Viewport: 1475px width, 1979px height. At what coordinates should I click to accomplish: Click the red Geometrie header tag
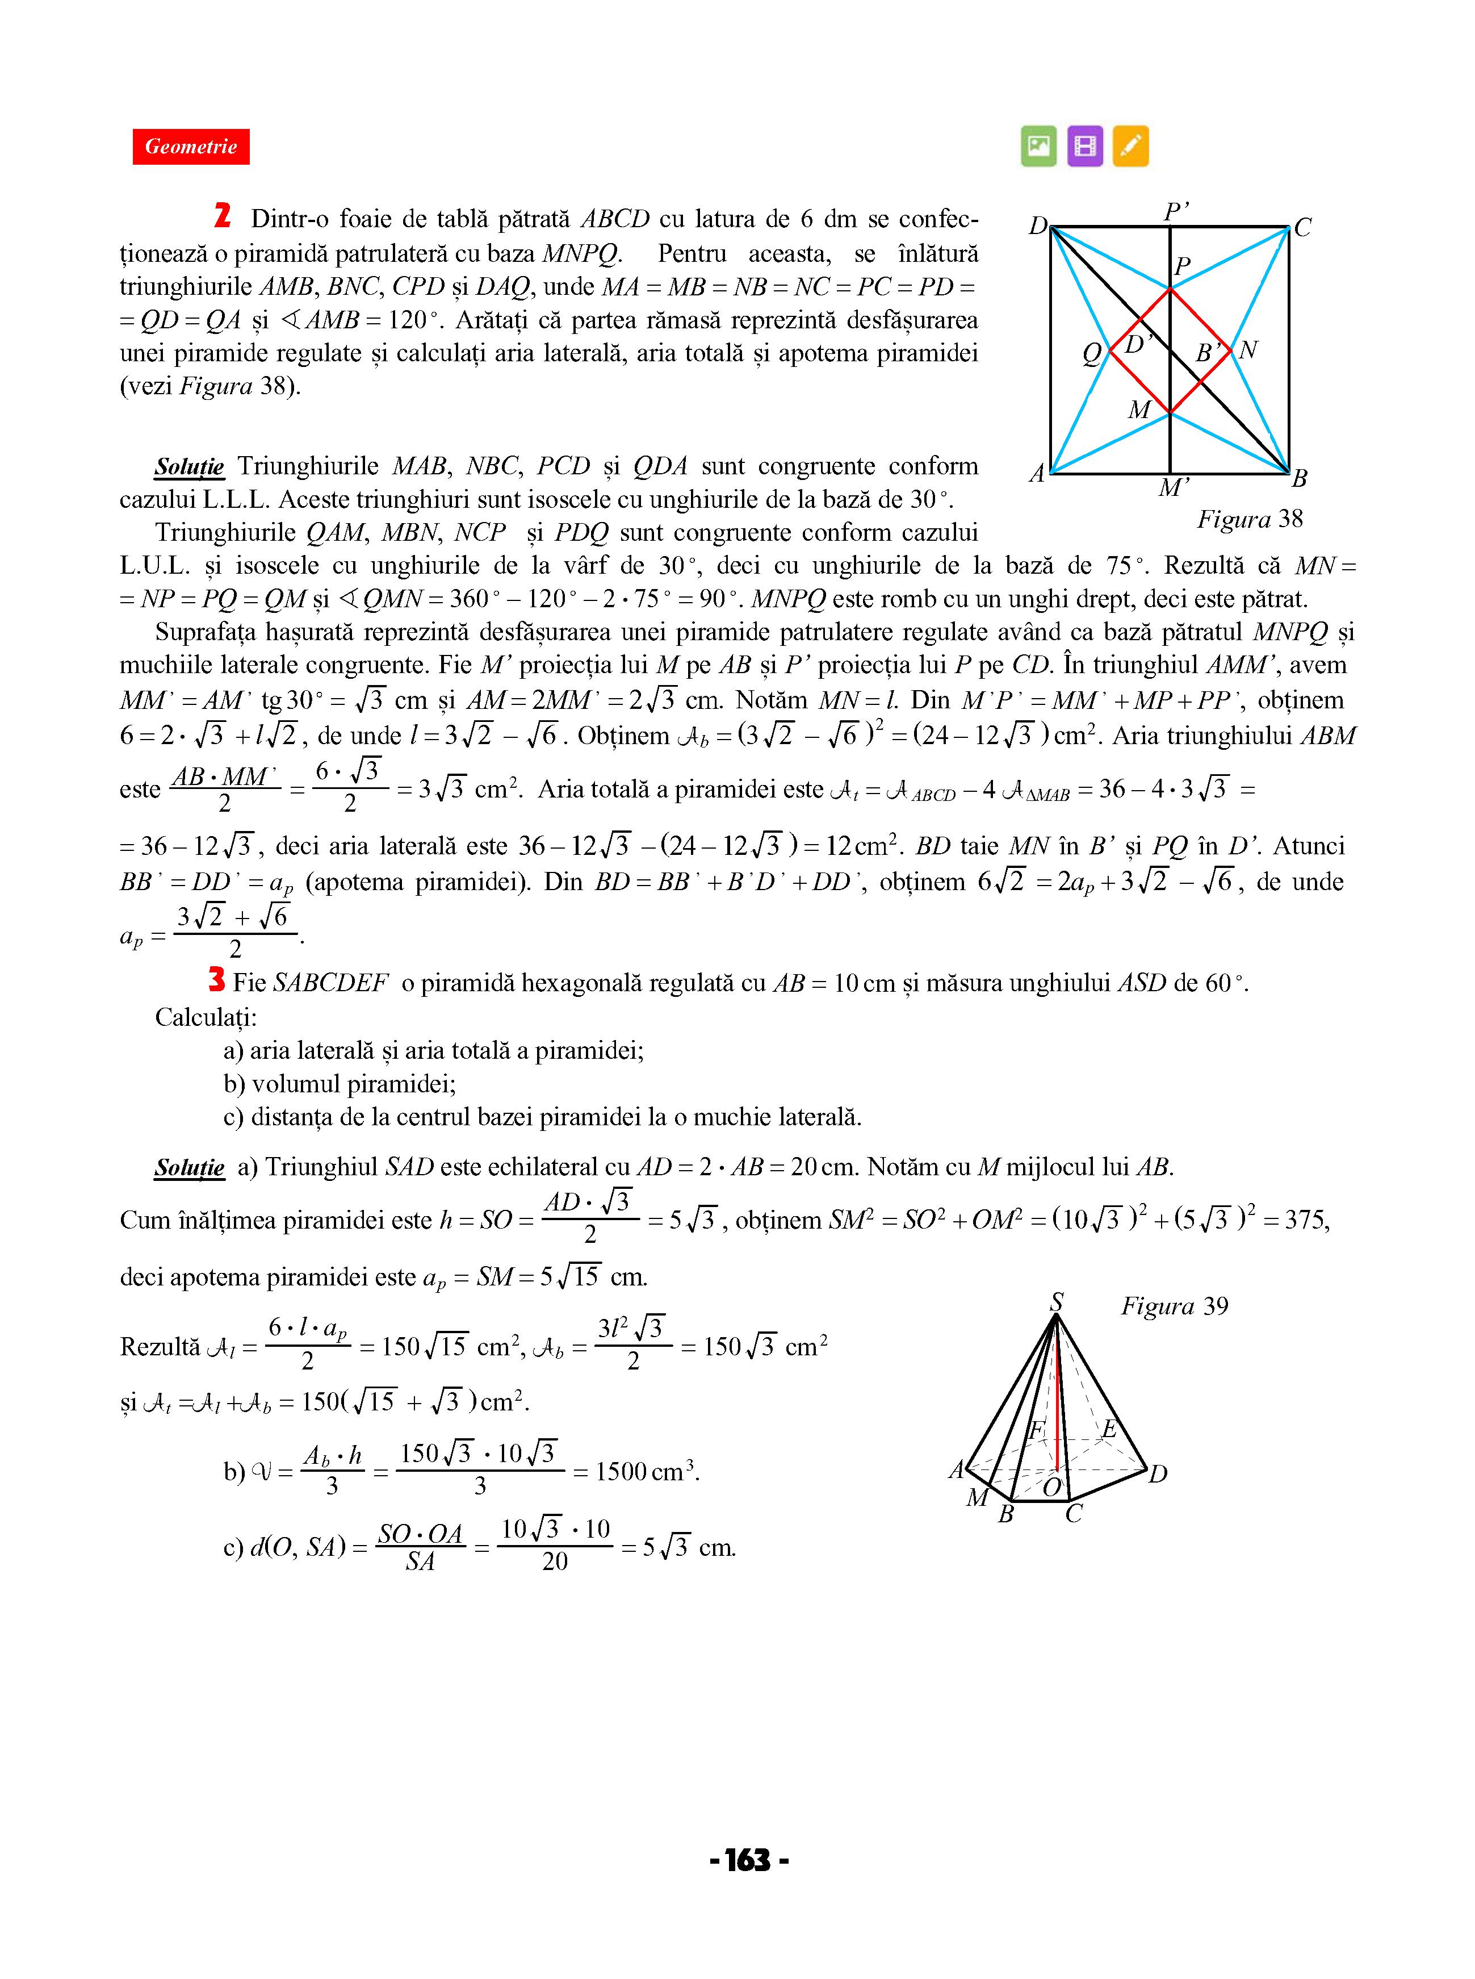(191, 147)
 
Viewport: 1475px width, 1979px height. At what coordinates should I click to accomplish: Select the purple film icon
(1085, 145)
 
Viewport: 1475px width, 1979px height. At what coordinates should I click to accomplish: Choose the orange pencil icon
(1130, 145)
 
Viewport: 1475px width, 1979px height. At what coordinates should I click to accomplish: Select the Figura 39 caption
(1174, 1306)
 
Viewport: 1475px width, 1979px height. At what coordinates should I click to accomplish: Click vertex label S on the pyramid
(1056, 1302)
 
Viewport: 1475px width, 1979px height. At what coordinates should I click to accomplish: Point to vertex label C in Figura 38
(1302, 228)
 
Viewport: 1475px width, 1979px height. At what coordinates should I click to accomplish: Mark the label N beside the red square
(1248, 350)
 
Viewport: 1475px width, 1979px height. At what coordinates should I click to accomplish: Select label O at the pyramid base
(1053, 1487)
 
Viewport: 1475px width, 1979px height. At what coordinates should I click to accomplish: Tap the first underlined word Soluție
(189, 467)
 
